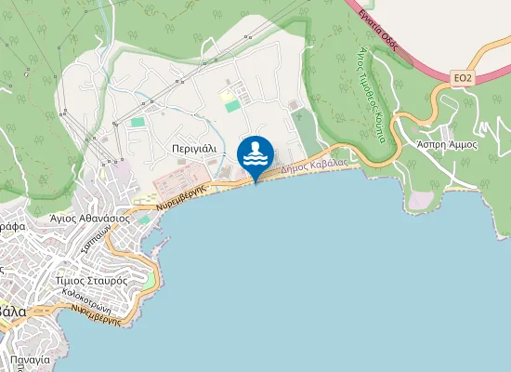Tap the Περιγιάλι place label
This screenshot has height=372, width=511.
193,148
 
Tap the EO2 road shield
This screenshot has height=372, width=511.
464,77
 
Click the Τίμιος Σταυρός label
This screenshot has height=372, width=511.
91,279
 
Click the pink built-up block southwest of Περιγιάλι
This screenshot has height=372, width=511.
180,179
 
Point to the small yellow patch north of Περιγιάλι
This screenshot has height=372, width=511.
227,96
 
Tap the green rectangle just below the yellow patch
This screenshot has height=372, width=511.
231,107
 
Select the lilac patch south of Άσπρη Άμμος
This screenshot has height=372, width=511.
421,200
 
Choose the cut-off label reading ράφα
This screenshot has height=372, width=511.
11,226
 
